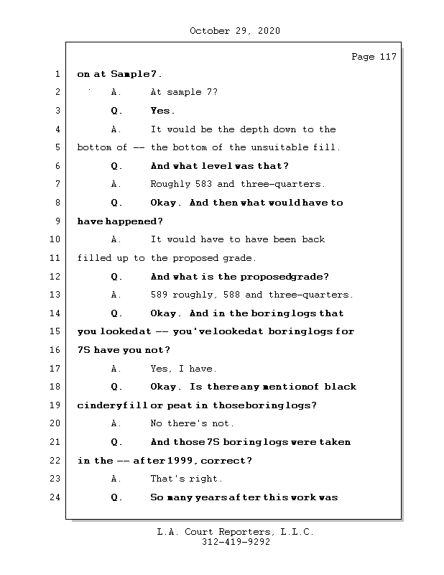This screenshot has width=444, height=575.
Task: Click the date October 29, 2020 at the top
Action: [x=234, y=31]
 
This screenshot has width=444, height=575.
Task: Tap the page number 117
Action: [x=387, y=57]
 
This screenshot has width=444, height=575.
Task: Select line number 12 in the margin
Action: [x=57, y=276]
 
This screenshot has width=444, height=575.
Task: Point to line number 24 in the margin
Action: [x=57, y=497]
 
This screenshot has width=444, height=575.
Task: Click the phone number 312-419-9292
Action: [x=236, y=543]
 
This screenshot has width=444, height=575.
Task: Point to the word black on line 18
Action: [x=340, y=387]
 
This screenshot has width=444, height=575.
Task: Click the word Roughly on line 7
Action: [x=170, y=184]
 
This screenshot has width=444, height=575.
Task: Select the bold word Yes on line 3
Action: [x=161, y=111]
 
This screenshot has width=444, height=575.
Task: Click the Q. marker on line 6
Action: [x=116, y=166]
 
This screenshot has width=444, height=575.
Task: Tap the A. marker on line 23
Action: [x=116, y=479]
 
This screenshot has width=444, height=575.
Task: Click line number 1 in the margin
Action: [x=57, y=74]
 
